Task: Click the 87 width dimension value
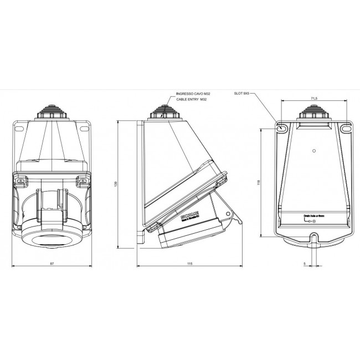click(52, 263)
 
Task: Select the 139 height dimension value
click(116, 184)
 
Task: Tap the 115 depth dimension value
click(189, 263)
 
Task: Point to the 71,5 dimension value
click(315, 98)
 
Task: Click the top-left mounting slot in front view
click(20, 128)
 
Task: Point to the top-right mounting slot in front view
click(84, 128)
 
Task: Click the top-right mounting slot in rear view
click(346, 128)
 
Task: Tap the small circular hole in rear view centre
click(314, 150)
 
